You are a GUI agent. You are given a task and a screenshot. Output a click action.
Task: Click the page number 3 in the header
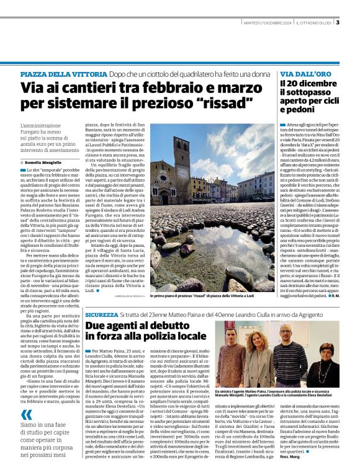[338, 23]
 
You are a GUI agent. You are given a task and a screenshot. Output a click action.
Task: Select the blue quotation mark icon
[25, 414]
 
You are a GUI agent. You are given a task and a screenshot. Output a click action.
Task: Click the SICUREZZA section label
[101, 315]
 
